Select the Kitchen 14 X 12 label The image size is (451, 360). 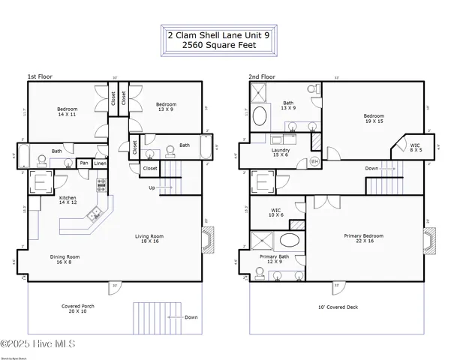click(x=68, y=200)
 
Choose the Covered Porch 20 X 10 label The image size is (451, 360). click(x=78, y=309)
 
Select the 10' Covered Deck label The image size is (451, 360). click(x=338, y=307)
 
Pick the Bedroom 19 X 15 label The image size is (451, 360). click(x=374, y=118)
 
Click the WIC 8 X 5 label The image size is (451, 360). click(x=416, y=148)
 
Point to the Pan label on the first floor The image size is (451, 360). click(x=85, y=163)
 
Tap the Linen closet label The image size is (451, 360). click(x=101, y=163)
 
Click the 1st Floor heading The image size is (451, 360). click(x=41, y=76)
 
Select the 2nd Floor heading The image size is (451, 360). click(x=263, y=76)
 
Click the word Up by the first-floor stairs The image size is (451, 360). click(x=152, y=187)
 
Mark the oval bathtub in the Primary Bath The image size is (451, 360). click(x=289, y=242)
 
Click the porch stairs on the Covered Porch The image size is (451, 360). click(x=148, y=317)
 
